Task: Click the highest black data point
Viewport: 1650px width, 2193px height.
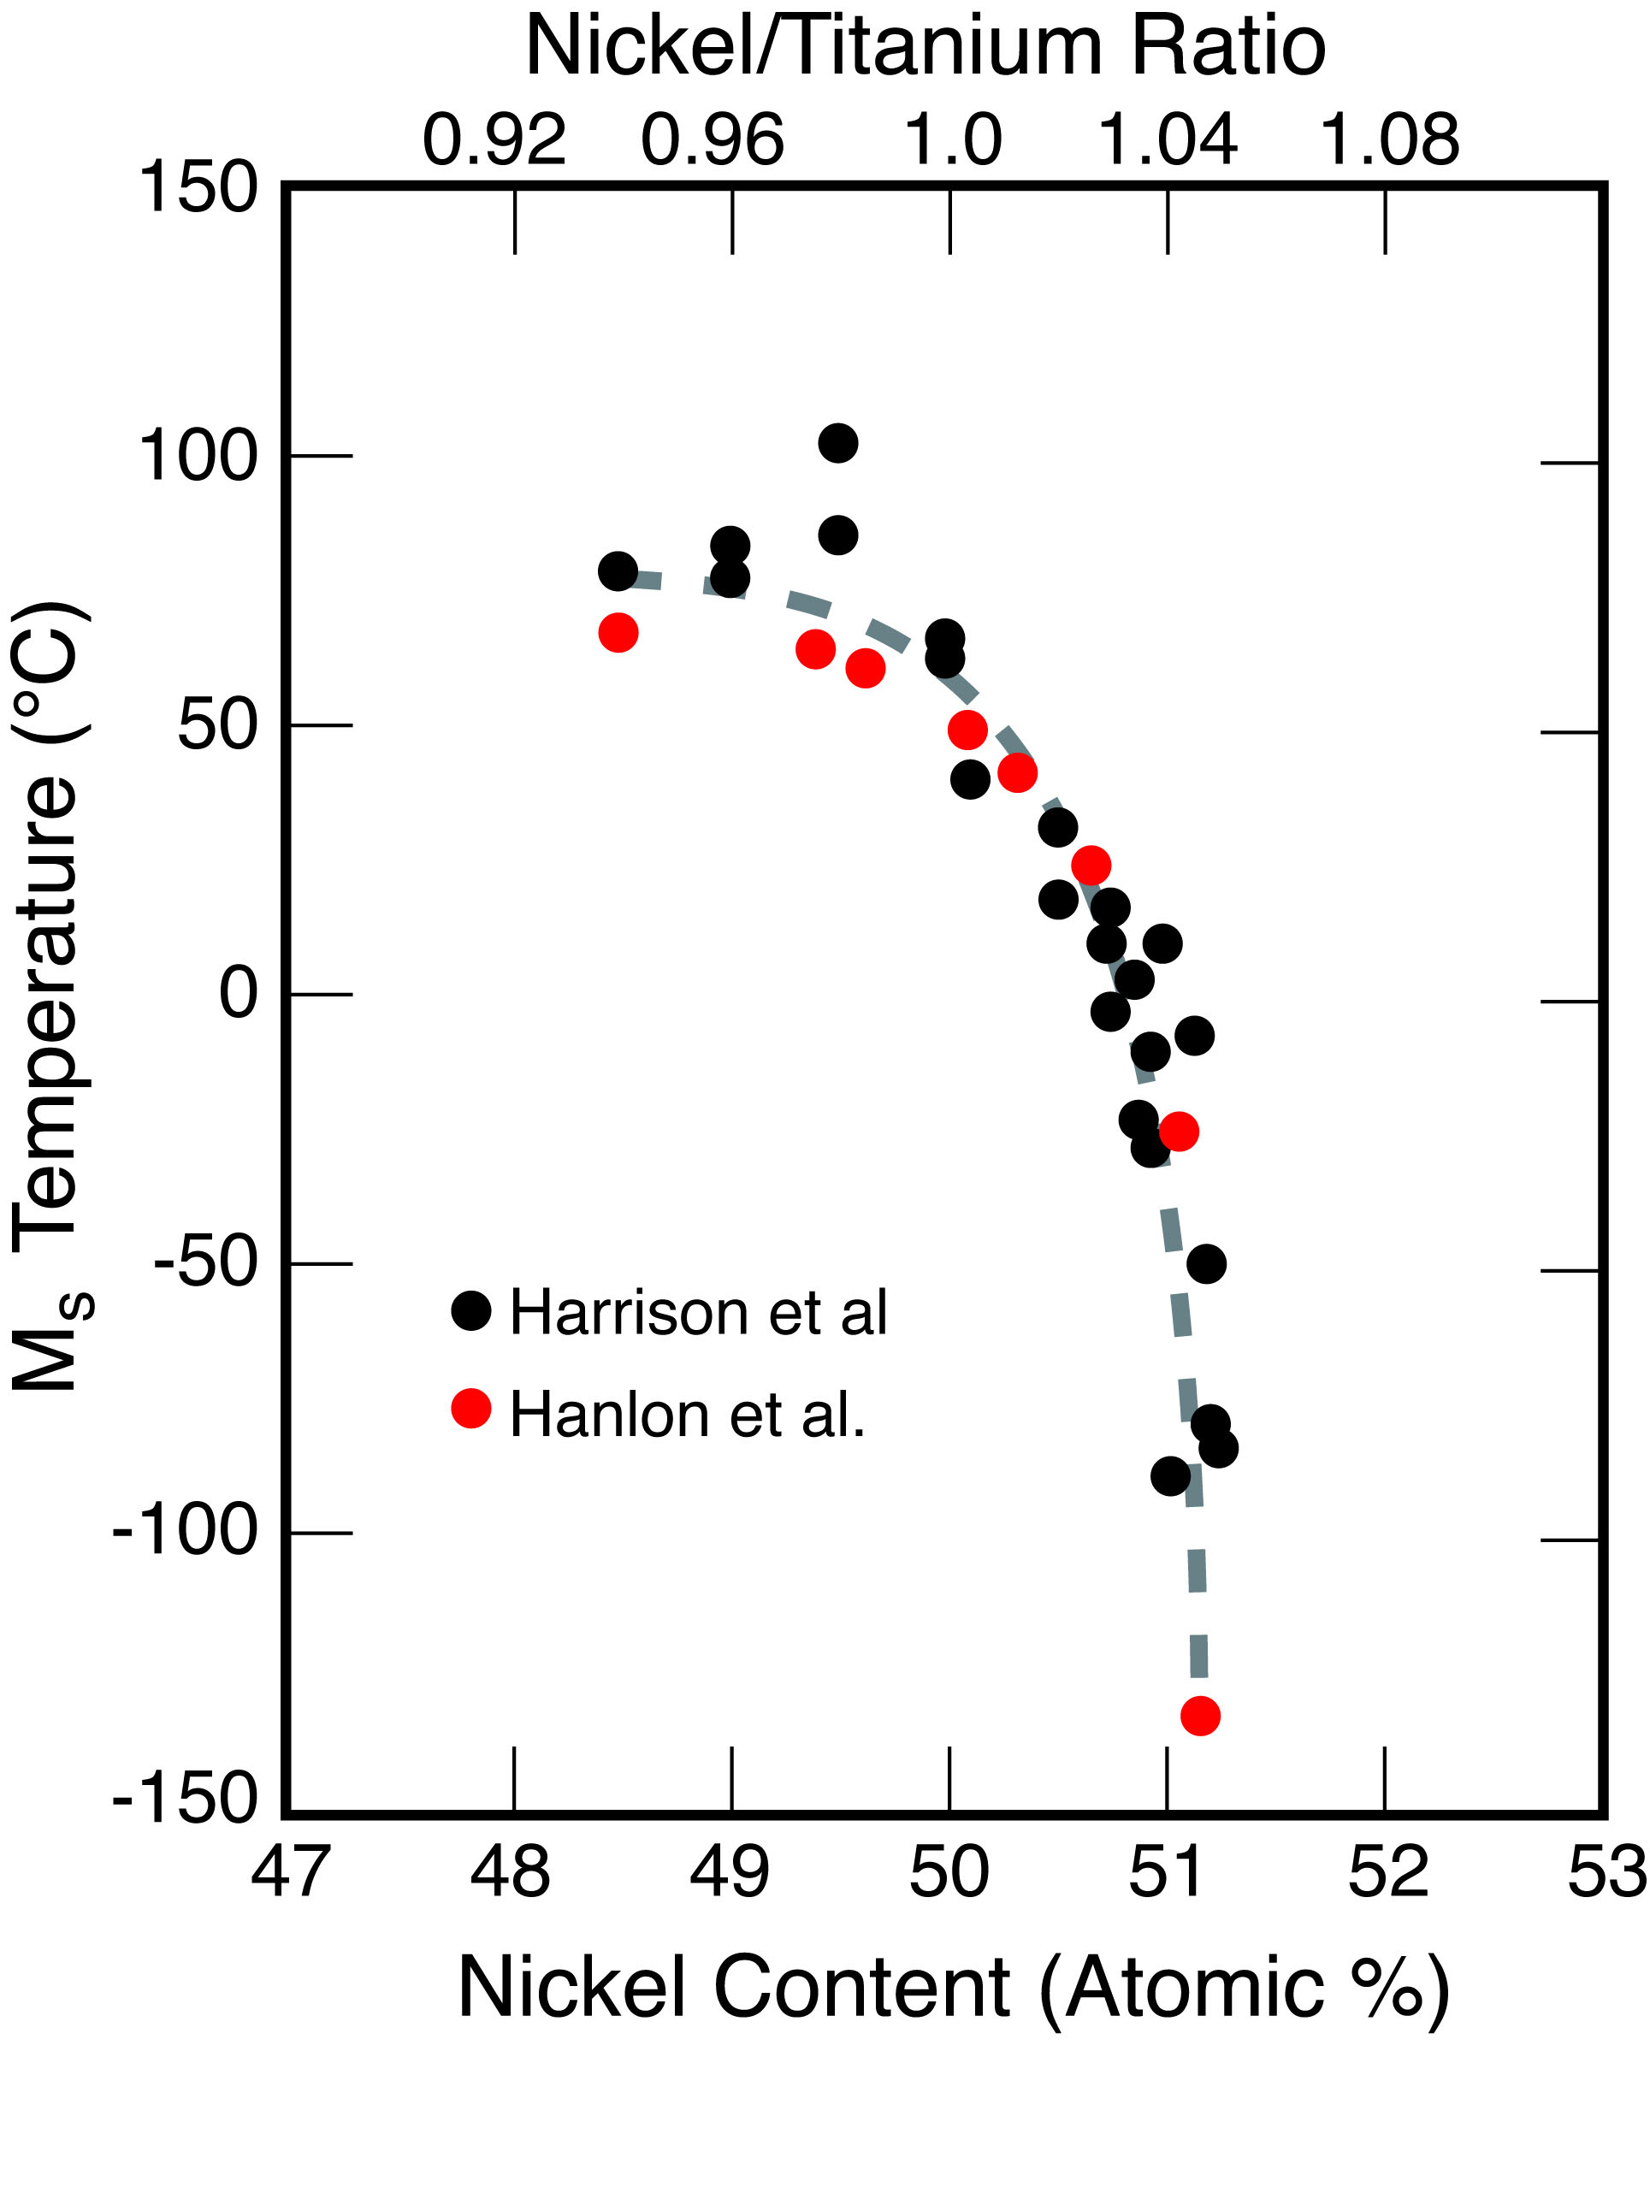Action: (838, 442)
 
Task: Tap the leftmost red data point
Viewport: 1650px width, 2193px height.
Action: (618, 633)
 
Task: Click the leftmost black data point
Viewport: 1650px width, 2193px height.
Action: (618, 571)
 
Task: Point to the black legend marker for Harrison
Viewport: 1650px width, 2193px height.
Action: (471, 1310)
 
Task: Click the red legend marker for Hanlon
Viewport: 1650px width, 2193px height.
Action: (471, 1409)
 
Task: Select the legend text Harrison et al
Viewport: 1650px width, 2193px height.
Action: (698, 1313)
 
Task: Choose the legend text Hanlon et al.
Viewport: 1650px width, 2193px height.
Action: (687, 1414)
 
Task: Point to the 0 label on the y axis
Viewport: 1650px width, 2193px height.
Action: (238, 995)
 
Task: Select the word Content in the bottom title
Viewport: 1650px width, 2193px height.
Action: (861, 1987)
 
